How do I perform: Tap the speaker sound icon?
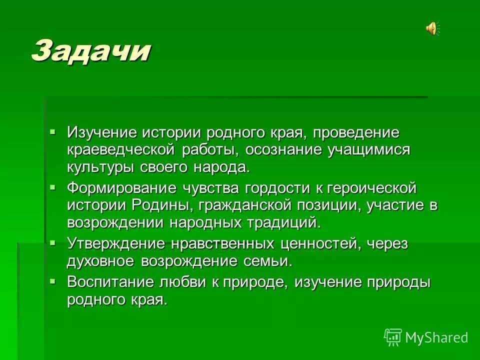[431, 28]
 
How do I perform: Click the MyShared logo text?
[436, 337]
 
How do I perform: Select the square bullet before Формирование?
[53, 186]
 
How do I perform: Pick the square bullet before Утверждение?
[53, 242]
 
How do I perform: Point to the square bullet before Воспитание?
[53, 280]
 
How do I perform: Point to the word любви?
[184, 282]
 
